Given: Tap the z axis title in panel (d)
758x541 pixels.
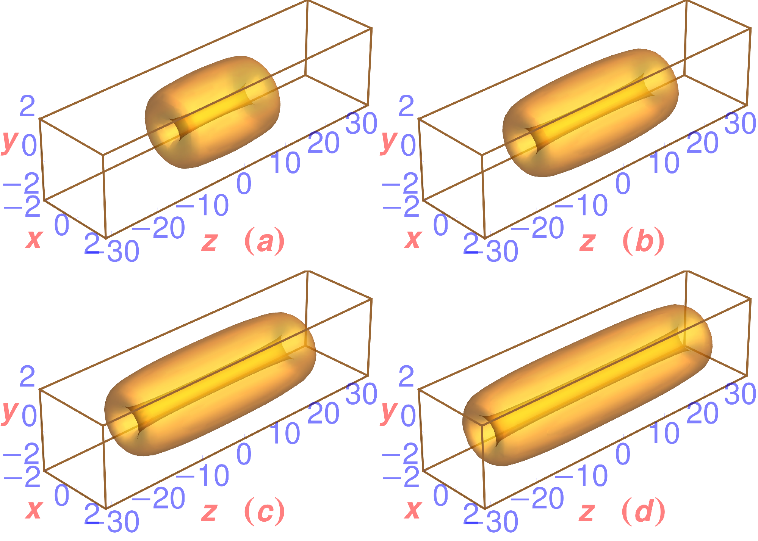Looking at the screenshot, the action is point(587,512).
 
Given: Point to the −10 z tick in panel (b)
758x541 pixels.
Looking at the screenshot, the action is point(581,205).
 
